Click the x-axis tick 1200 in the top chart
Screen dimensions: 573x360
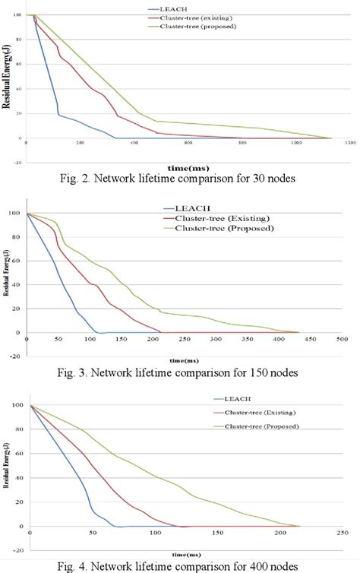pyautogui.click(x=350, y=143)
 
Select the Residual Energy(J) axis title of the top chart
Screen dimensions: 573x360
pyautogui.click(x=8, y=77)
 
